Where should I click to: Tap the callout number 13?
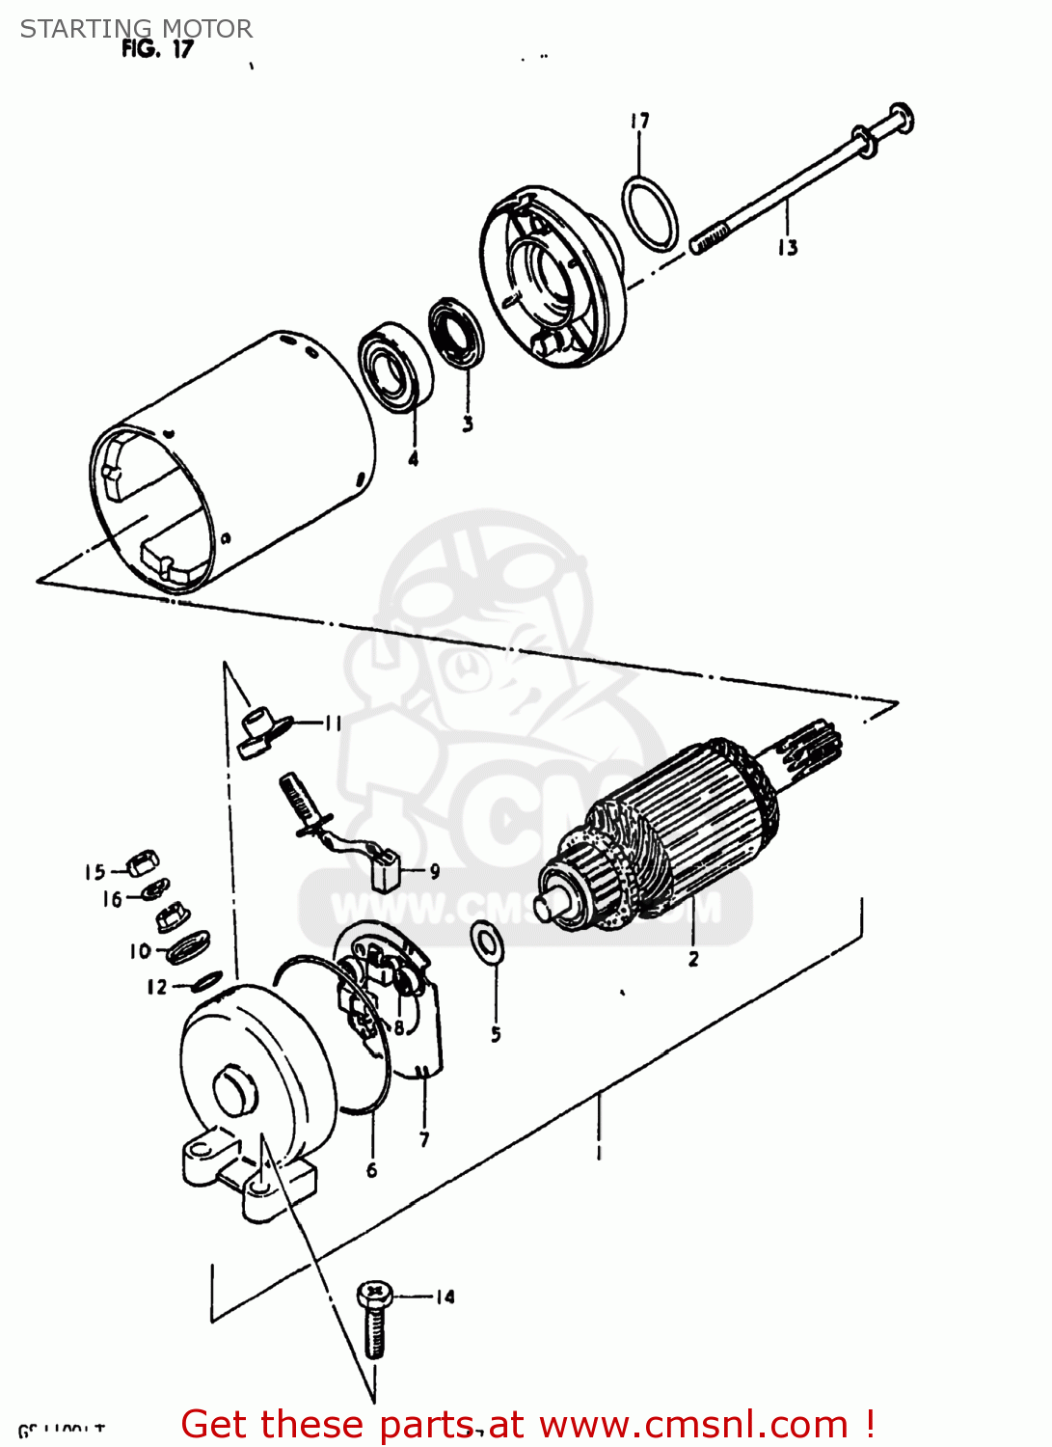pyautogui.click(x=788, y=248)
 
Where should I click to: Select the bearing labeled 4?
pyautogui.click(x=395, y=367)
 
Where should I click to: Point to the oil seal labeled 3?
pyautogui.click(x=456, y=333)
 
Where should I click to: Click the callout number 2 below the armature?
pyautogui.click(x=693, y=959)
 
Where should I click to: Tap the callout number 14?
pyautogui.click(x=445, y=1297)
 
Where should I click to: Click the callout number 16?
pyautogui.click(x=113, y=899)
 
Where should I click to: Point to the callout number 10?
pyautogui.click(x=140, y=951)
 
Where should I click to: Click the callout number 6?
pyautogui.click(x=372, y=1170)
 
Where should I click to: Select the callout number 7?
pyautogui.click(x=424, y=1140)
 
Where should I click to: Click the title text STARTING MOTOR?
pyautogui.click(x=136, y=28)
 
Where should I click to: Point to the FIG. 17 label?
pyautogui.click(x=157, y=49)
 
